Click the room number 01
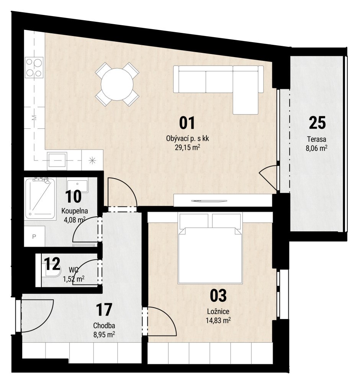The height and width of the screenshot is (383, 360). click(x=187, y=123)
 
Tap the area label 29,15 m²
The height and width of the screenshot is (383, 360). click(x=188, y=147)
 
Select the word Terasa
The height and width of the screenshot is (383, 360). click(x=316, y=139)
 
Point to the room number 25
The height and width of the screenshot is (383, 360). click(x=317, y=123)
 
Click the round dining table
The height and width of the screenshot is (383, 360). click(x=117, y=84)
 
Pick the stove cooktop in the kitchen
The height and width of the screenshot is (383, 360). click(x=34, y=67)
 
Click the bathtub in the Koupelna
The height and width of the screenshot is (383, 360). click(x=40, y=198)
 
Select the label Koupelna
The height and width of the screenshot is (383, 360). click(x=75, y=211)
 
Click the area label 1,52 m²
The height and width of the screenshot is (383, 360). click(x=74, y=279)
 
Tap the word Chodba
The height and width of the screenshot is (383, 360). click(x=104, y=326)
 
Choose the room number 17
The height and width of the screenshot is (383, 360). click(x=104, y=309)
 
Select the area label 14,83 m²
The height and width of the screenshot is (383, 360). click(x=218, y=320)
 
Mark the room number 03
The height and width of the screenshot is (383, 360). click(x=218, y=296)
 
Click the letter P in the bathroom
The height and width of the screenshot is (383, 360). click(x=34, y=236)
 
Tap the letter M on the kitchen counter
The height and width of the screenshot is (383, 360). click(x=34, y=118)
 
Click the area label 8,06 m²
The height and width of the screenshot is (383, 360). click(x=316, y=148)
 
